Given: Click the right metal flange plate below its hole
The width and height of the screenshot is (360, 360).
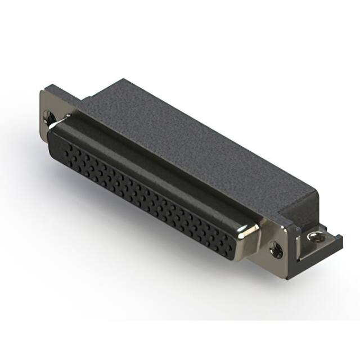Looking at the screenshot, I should point(278,260).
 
